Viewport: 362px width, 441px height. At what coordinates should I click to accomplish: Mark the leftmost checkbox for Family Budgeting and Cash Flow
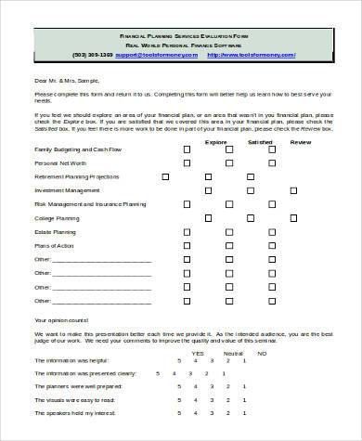pyautogui.click(x=187, y=149)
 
